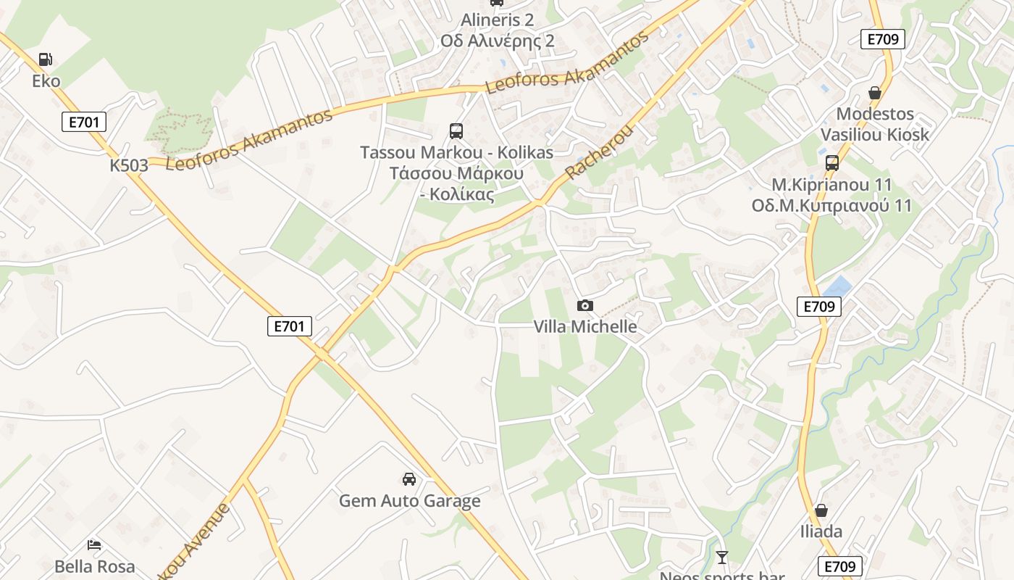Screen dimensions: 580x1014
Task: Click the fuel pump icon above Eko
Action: pos(46,59)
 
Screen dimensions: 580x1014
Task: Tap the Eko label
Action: pos(46,80)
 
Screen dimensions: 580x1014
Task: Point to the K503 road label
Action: pos(129,165)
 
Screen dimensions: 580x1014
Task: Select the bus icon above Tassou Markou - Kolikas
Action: pos(456,131)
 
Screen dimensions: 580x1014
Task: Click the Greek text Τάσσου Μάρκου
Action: pos(456,174)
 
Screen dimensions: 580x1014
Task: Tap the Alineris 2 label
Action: pos(497,20)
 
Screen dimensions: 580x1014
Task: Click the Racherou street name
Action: pos(599,153)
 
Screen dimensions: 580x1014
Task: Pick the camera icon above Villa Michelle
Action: pos(585,306)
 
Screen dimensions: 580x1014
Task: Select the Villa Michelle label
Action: pos(585,326)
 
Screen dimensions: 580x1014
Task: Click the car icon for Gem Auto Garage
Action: pos(409,479)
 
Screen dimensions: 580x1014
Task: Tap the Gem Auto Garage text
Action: pos(409,501)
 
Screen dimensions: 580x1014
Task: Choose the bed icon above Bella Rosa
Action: pos(95,544)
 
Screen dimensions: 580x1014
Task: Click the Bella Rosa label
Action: pos(95,566)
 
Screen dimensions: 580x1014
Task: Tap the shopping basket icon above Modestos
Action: pos(875,93)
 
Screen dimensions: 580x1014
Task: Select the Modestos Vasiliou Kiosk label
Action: pos(875,124)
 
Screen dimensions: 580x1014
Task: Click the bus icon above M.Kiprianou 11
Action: pos(832,163)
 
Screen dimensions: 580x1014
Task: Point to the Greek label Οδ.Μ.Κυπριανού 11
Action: pos(831,206)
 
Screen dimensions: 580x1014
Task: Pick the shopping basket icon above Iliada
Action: pos(821,511)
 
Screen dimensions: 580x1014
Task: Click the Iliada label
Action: pos(821,531)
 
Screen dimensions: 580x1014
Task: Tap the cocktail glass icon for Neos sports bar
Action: pos(722,558)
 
